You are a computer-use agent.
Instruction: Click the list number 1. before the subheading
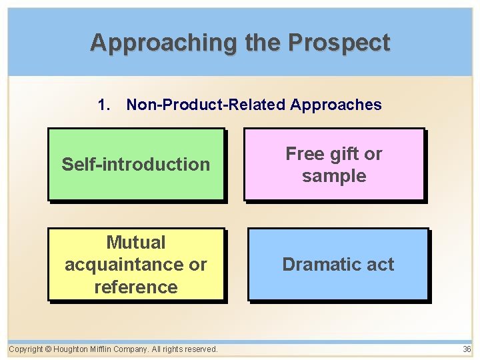coord(103,105)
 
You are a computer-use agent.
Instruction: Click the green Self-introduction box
coord(136,165)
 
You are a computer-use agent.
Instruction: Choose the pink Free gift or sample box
coord(334,165)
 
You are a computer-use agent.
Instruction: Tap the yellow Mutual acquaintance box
coord(136,265)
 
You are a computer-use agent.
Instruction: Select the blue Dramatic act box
coord(338,265)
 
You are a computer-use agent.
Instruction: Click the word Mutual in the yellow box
coord(136,243)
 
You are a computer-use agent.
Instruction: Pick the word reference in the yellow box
coord(136,287)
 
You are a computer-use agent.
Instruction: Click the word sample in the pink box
coord(334,176)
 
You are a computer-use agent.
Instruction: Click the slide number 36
coord(467,349)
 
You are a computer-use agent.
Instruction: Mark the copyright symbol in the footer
coord(49,349)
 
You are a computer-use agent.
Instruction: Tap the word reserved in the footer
coord(197,349)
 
